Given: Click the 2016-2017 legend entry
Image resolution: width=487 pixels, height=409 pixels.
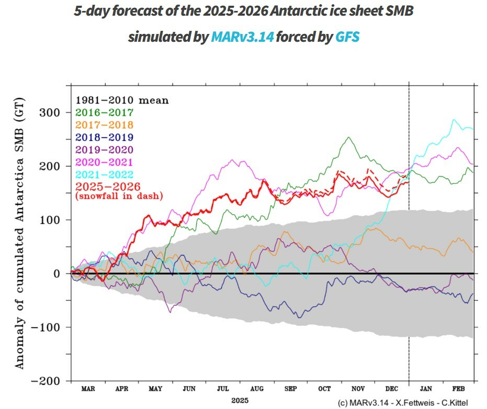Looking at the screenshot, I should pyautogui.click(x=105, y=112).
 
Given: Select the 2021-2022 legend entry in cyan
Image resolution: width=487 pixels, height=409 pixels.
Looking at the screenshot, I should pyautogui.click(x=105, y=174).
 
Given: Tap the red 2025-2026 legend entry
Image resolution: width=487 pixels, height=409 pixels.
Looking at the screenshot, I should pyautogui.click(x=108, y=187).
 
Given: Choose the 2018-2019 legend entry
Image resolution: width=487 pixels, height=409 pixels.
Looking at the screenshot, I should pyautogui.click(x=105, y=137).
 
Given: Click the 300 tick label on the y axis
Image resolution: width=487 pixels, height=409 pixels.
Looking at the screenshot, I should pyautogui.click(x=51, y=113).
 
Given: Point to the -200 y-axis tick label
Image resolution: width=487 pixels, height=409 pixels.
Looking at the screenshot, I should pyautogui.click(x=47, y=381).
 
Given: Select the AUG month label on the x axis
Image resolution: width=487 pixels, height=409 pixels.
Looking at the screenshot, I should pyautogui.click(x=257, y=389).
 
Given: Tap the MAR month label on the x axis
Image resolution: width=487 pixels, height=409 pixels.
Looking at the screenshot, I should pyautogui.click(x=88, y=389).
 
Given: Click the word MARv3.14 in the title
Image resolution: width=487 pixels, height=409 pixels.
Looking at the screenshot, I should pyautogui.click(x=242, y=37).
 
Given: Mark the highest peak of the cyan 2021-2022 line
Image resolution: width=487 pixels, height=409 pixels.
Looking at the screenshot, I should pyautogui.click(x=454, y=120).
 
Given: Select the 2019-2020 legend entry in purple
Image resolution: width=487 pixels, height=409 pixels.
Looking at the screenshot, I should pyautogui.click(x=105, y=150).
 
